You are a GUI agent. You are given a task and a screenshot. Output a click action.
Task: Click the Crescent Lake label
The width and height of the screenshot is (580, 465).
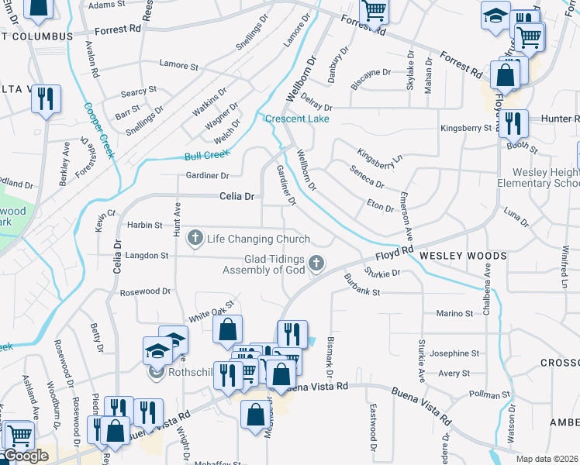(297, 119)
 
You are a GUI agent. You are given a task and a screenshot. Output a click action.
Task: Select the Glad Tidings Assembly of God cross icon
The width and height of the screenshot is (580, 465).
(316, 264)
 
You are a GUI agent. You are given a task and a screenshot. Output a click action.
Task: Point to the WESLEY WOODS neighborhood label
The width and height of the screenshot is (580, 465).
(464, 255)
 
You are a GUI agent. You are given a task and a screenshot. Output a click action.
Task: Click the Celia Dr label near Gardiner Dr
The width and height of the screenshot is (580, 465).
(237, 197)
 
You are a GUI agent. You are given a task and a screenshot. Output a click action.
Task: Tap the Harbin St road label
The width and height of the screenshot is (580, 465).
(145, 226)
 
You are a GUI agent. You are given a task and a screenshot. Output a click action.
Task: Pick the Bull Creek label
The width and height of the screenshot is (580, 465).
(204, 156)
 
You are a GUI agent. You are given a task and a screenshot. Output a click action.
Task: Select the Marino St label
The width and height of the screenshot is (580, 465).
(454, 313)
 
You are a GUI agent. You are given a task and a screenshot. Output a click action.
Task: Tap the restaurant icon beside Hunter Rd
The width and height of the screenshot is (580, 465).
(513, 123)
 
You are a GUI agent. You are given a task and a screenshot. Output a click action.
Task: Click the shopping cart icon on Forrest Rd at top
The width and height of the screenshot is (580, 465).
(374, 10)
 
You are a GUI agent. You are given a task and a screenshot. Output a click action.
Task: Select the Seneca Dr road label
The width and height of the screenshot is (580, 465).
(367, 177)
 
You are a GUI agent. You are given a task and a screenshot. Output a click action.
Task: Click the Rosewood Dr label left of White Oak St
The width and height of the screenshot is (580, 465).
(145, 291)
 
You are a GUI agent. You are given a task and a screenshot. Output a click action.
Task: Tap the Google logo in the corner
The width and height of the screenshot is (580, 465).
(25, 456)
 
